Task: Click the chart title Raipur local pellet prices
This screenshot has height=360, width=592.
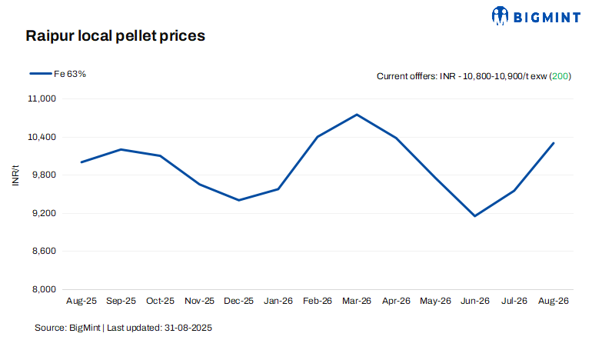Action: point(115,36)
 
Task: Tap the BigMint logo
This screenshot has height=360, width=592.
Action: point(536,16)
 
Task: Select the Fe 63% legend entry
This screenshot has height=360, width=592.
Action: point(58,74)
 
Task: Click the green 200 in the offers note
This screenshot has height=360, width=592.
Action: point(560,76)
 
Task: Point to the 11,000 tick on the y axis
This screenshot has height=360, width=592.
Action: point(42,98)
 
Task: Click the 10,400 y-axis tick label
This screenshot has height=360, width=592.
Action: point(42,137)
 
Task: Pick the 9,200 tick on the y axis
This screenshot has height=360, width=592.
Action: point(44,213)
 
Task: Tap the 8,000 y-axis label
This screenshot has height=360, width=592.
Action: point(44,289)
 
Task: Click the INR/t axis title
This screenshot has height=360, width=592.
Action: point(15,175)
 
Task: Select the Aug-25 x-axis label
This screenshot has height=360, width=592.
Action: point(81,301)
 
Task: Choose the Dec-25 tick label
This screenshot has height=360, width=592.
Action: point(238,301)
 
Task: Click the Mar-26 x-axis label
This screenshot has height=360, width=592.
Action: point(357,301)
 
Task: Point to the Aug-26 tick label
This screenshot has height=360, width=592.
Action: point(554,301)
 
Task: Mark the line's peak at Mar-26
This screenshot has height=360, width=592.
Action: point(357,115)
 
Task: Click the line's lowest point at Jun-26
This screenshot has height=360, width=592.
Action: point(475,216)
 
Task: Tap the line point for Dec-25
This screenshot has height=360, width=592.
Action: point(238,200)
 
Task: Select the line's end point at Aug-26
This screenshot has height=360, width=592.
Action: point(554,143)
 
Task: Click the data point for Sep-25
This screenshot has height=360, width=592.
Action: point(121,149)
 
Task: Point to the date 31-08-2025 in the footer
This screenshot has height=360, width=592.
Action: point(188,328)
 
